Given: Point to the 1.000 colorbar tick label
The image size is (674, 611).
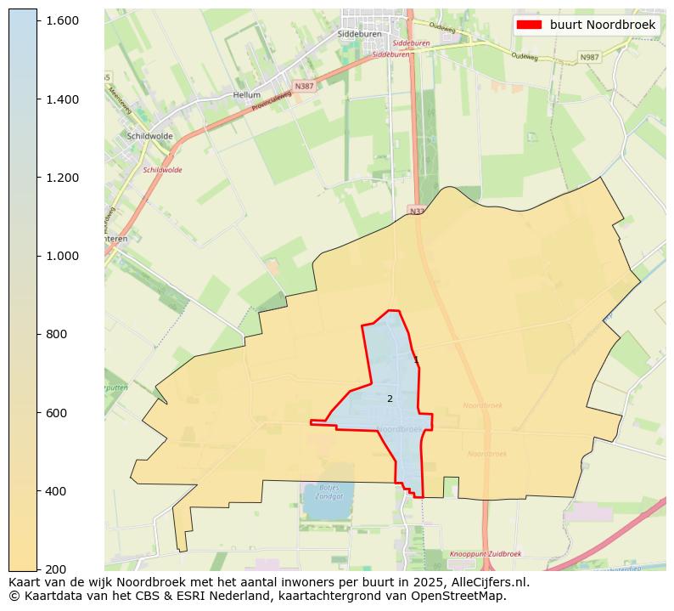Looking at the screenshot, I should [62, 256].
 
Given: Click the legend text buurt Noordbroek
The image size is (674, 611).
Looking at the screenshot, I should [603, 25].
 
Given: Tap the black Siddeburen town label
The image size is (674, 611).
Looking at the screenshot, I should [359, 34].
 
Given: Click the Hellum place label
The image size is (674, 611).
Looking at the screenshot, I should [247, 95].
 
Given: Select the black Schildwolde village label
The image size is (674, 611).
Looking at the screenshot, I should [149, 136].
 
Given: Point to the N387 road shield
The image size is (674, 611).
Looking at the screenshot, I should [303, 87].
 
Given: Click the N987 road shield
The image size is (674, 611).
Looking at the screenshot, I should [589, 57].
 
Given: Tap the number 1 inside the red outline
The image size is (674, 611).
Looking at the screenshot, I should [416, 360].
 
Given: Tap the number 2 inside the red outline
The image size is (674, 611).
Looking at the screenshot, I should [390, 399].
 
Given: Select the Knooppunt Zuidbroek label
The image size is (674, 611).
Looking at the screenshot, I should [485, 553].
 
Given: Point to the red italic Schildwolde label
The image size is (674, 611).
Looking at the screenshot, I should [162, 170].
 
